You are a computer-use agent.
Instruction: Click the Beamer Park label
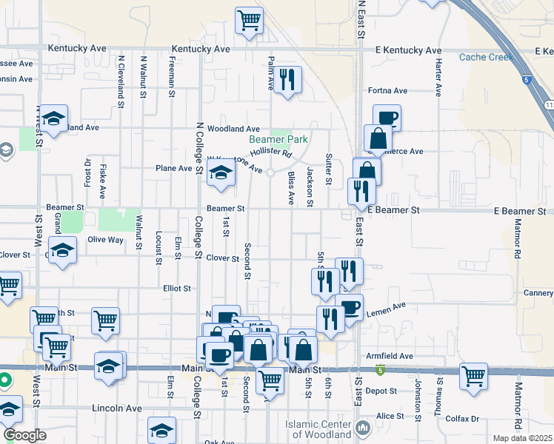pyautogui.click(x=278, y=139)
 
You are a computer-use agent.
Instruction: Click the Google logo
pyautogui.click(x=24, y=435)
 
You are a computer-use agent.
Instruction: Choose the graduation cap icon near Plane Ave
pyautogui.click(x=220, y=173)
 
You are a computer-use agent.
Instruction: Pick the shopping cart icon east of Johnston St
pyautogui.click(x=473, y=375)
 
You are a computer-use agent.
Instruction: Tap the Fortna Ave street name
pyautogui.click(x=388, y=91)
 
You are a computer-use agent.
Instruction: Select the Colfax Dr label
pyautogui.click(x=464, y=418)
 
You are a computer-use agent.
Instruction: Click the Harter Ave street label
pyautogui.click(x=438, y=78)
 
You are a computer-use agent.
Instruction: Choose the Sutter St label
pyautogui.click(x=327, y=170)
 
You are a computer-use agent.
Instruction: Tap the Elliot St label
pyautogui.click(x=177, y=288)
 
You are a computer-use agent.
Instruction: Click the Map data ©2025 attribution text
pyautogui.click(x=522, y=438)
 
